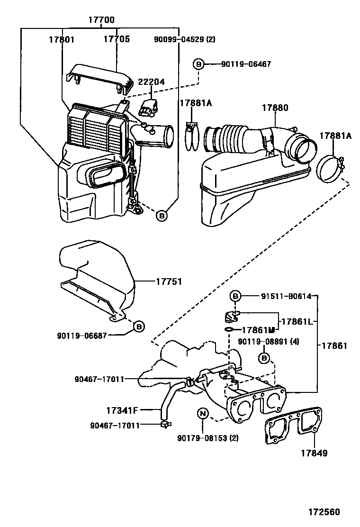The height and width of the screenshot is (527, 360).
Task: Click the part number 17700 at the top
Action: point(101,20)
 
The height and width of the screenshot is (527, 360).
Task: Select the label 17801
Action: point(62,39)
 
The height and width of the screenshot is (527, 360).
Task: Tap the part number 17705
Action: point(117,39)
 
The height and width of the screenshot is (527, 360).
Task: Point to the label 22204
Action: point(152,82)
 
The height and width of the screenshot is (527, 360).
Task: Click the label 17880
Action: point(275,108)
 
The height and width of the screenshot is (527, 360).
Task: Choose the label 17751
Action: point(169,282)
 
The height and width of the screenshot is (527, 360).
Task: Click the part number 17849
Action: point(314,453)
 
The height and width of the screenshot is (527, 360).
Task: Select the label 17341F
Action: point(122,410)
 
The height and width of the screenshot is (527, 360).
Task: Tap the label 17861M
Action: point(258,330)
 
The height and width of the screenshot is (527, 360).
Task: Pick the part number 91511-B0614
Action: point(286,296)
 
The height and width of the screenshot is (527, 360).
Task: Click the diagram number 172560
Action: point(324,512)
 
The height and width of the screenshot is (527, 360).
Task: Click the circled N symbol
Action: point(203,413)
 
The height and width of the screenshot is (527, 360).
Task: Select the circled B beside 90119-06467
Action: point(198,64)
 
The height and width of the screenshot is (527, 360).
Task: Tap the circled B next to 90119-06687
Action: point(139,327)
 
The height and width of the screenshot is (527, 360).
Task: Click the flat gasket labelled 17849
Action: point(293,427)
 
